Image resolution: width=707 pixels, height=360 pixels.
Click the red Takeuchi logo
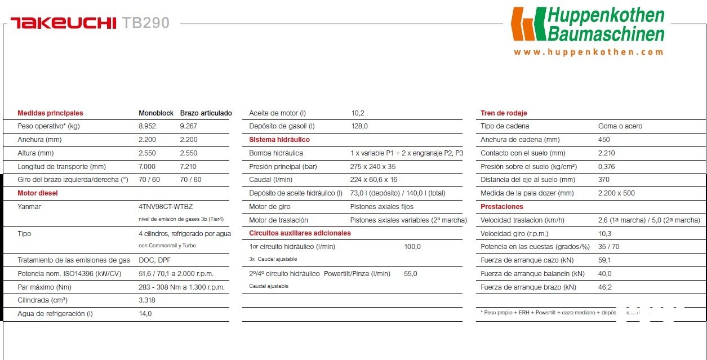pos(63,23)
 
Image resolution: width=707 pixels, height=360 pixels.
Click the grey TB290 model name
pos(145,23)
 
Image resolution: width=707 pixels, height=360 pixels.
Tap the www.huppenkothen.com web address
pos(588,52)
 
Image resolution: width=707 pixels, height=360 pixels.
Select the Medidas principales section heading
pos(50,113)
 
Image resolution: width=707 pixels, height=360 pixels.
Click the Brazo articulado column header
pos(206,113)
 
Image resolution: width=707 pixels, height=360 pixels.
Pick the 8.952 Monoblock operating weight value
pos(147,126)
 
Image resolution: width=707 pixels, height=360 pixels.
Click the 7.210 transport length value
pos(189,167)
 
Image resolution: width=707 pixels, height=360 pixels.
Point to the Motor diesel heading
pos(38,193)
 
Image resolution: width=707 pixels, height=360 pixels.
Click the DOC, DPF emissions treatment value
pos(154,260)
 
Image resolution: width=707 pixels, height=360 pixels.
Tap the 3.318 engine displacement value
pos(147,300)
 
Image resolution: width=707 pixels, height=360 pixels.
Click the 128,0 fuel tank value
pos(359,126)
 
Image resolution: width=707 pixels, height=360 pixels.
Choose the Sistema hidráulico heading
pos(279,140)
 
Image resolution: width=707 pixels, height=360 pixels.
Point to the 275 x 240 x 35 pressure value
pos(373,167)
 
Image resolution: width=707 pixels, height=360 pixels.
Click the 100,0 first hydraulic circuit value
pos(412,247)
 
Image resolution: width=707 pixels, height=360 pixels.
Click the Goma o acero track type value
pos(620,126)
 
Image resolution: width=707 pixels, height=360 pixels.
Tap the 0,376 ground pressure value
pos(607,167)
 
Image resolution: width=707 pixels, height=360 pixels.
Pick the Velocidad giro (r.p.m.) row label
pos(514,234)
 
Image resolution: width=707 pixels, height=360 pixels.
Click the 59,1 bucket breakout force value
pos(604,260)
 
